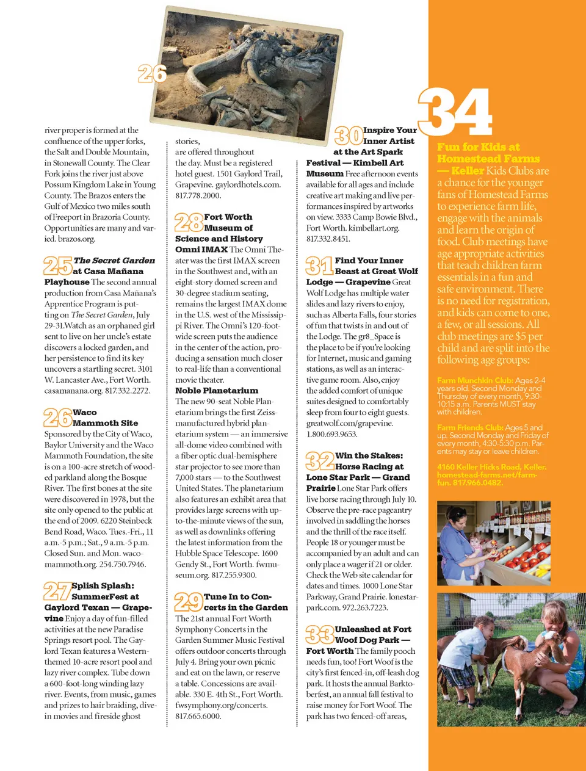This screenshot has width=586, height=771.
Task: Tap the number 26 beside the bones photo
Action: (x=152, y=73)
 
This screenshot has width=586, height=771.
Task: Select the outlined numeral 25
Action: (x=57, y=266)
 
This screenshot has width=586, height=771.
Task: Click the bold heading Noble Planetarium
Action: (x=216, y=391)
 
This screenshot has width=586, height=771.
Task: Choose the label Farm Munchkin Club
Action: (x=474, y=380)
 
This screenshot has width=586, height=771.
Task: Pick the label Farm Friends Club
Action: (x=470, y=427)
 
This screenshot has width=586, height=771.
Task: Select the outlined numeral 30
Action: (x=348, y=135)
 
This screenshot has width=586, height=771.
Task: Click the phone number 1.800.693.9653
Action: (x=331, y=434)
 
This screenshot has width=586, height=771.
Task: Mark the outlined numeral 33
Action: (x=319, y=634)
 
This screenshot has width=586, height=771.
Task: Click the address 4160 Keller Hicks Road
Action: (x=483, y=467)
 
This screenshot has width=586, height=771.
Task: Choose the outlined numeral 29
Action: (x=188, y=602)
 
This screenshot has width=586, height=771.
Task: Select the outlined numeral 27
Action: (x=57, y=591)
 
